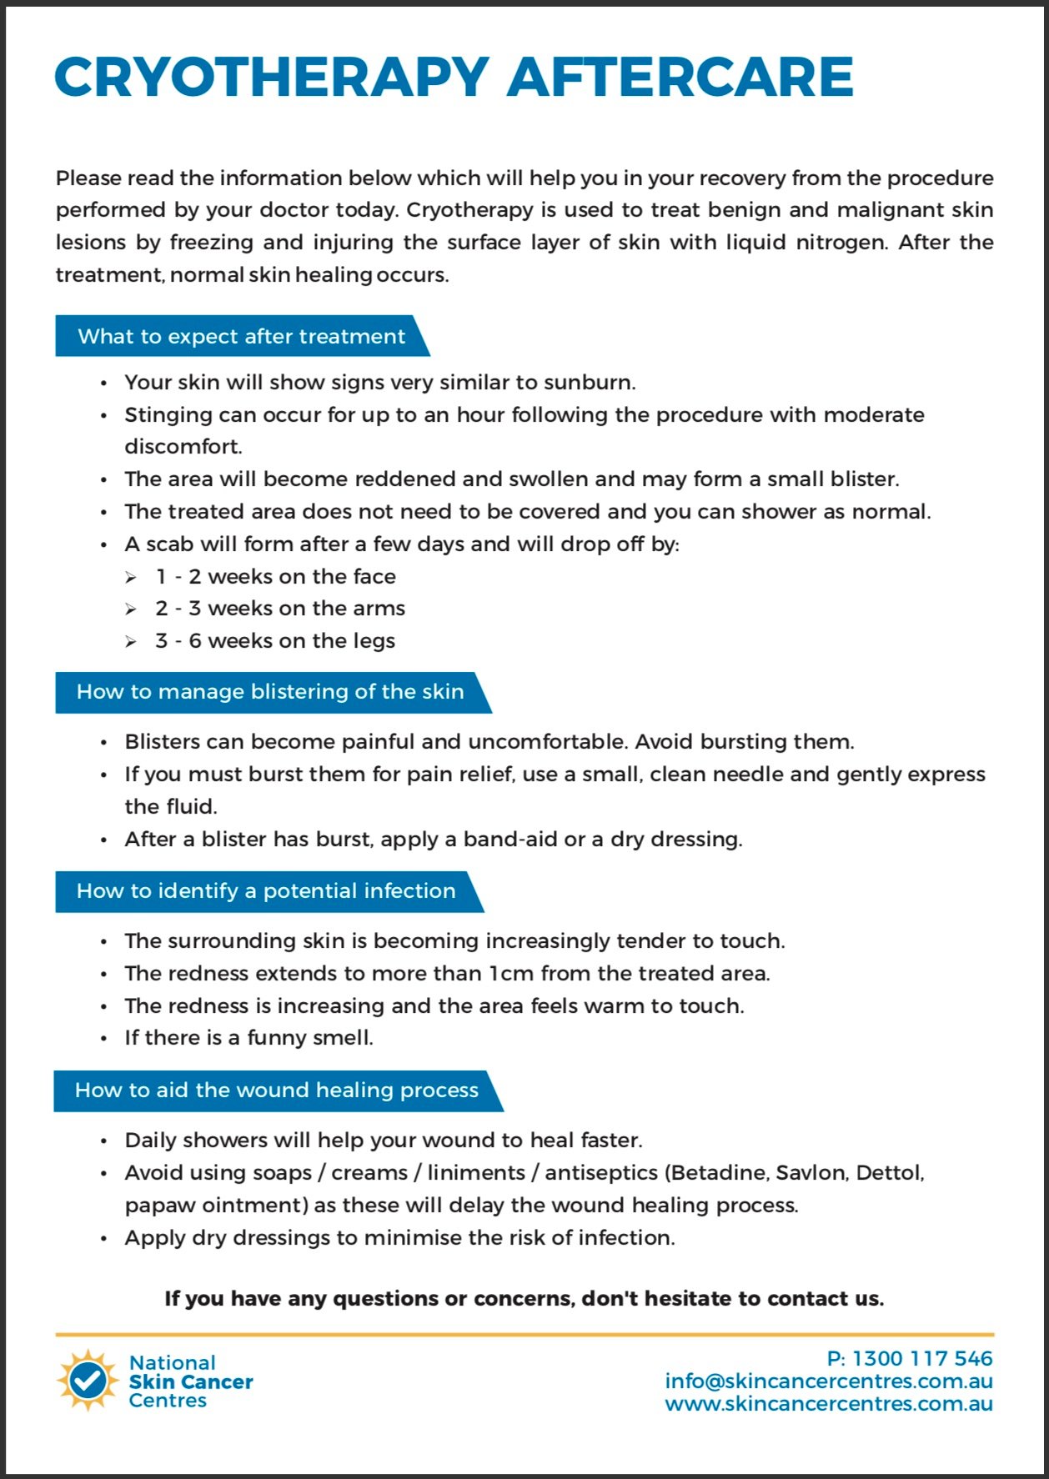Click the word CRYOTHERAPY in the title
(x=271, y=77)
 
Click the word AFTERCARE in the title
(x=680, y=77)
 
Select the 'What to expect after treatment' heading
(x=241, y=336)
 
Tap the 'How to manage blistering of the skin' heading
(x=270, y=692)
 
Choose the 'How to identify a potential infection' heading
(x=266, y=891)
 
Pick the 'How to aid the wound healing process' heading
(x=276, y=1090)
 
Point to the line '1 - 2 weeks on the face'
(x=275, y=577)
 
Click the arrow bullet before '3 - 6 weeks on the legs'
(x=131, y=642)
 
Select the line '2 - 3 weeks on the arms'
(x=280, y=609)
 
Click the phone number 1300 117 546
(x=922, y=1359)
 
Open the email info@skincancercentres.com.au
(x=829, y=1381)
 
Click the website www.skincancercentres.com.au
(x=829, y=1404)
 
